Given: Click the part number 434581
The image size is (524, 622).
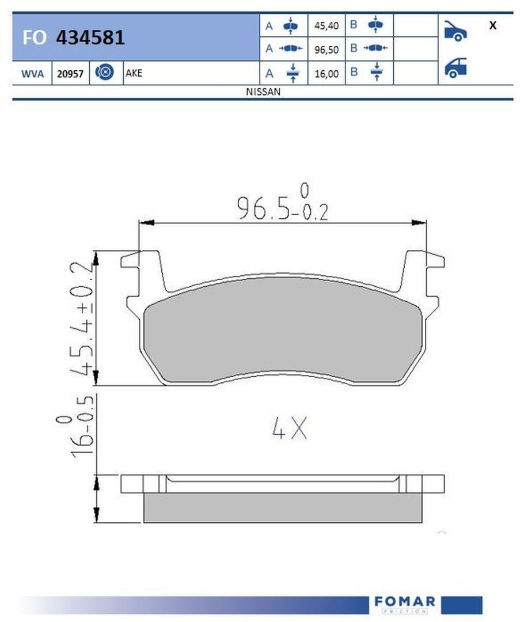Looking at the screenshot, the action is (x=90, y=37).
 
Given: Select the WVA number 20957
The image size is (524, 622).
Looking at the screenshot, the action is (x=70, y=74).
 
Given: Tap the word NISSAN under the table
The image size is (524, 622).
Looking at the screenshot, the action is (x=263, y=92).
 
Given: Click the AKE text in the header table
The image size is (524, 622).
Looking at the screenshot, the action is (x=134, y=73).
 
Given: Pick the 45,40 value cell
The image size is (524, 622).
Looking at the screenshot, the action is (x=326, y=26).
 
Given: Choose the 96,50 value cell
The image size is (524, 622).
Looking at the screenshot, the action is (x=326, y=50).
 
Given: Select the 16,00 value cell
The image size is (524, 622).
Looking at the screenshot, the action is (x=326, y=74).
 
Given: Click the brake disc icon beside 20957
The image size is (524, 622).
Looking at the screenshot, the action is (x=105, y=72).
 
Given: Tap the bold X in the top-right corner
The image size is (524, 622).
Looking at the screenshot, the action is (x=493, y=25).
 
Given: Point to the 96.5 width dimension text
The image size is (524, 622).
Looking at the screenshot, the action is (x=282, y=203).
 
